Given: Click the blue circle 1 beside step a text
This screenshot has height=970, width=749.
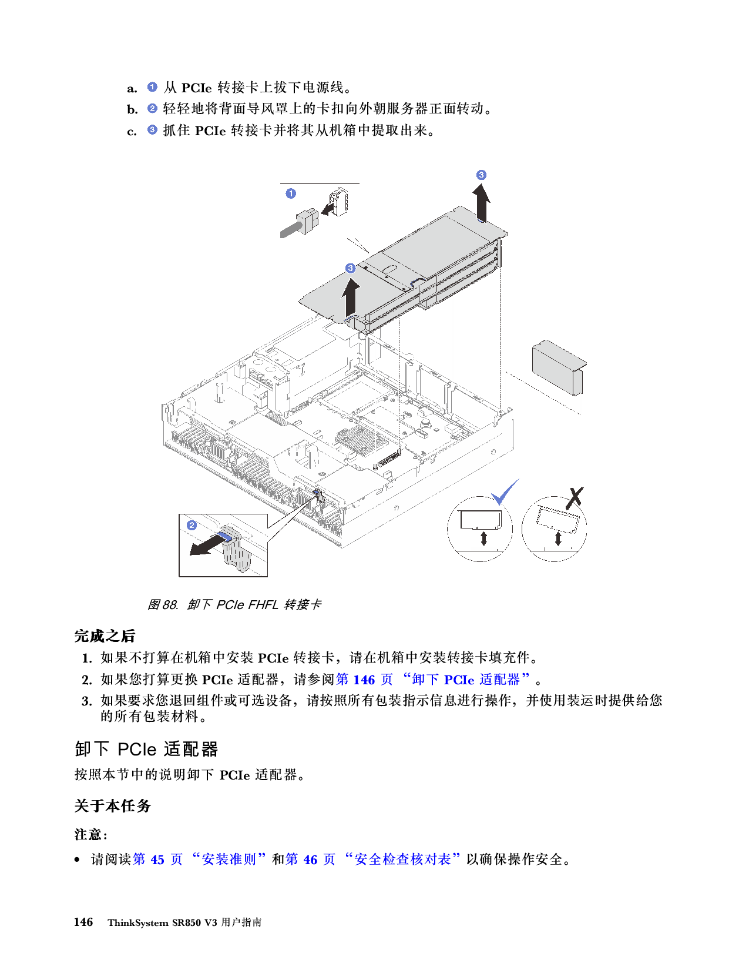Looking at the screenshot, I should pos(152,87).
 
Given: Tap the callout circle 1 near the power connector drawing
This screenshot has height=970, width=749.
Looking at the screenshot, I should pos(291,193).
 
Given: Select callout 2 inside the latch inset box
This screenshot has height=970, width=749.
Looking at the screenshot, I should pos(192,526).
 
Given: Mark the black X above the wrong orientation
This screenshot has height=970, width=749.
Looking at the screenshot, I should pos(575,497).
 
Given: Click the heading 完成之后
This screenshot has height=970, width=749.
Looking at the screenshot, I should pos(105,636).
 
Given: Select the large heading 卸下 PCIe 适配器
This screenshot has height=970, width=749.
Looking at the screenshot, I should pos(146,749).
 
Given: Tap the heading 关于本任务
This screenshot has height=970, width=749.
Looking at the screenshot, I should pos(112,805).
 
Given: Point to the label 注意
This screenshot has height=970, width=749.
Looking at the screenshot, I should pos(90,834).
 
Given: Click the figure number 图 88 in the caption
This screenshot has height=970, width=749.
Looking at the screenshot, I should pos(162,605).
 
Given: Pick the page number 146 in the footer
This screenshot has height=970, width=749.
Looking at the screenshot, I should pos(83,922).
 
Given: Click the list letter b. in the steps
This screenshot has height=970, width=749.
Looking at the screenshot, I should pos(132,109).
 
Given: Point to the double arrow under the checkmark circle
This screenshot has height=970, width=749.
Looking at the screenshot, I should pos(483,538).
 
